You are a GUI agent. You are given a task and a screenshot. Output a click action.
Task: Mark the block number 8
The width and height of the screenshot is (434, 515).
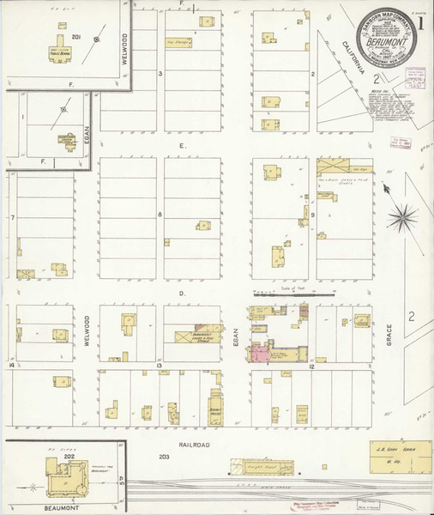(160, 214)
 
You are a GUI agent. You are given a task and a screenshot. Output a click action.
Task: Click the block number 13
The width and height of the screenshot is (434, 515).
(160, 365)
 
